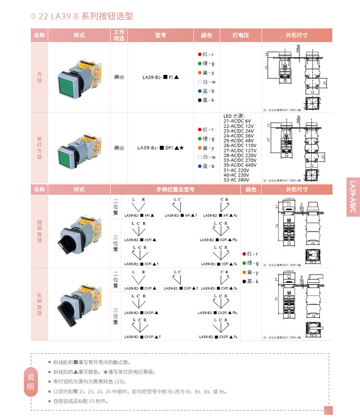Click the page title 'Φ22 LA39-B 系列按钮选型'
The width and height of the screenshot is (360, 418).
click(82, 16)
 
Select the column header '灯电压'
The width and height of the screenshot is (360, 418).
click(240, 36)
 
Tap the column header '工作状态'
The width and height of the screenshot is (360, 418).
click(119, 36)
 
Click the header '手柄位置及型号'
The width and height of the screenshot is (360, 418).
click(175, 190)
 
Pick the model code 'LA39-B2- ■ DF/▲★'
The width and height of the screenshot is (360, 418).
click(160, 148)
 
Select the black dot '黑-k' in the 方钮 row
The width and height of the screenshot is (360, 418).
click(199, 100)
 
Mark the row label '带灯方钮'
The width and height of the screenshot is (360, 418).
click(39, 148)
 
